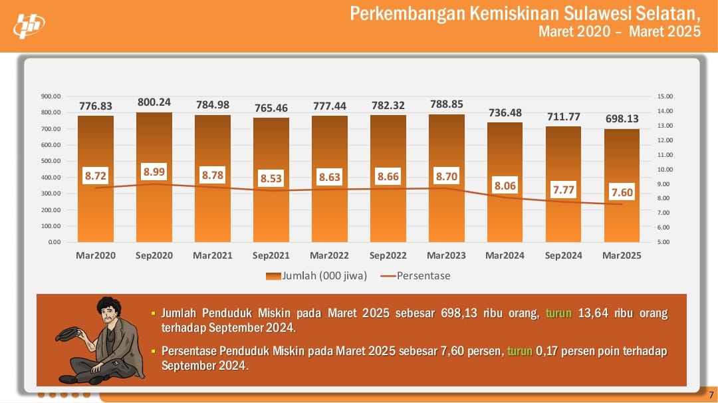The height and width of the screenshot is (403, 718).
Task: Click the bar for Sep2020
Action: pyautogui.click(x=154, y=213)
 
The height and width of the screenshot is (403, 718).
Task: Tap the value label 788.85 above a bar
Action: pyautogui.click(x=447, y=104)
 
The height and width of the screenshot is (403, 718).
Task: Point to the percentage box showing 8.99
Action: pyautogui.click(x=154, y=172)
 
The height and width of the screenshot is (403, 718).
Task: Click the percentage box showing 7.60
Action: pyautogui.click(x=622, y=193)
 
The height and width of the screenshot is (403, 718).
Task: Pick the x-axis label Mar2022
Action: pyautogui.click(x=330, y=255)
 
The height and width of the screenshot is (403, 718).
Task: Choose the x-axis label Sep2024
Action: pyautogui.click(x=564, y=255)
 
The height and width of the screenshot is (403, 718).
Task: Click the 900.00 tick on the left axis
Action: pyautogui.click(x=51, y=96)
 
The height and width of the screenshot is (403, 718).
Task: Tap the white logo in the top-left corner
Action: pyautogui.click(x=29, y=25)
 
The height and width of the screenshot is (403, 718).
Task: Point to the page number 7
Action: pyautogui.click(x=711, y=396)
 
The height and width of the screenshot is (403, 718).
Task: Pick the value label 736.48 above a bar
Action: pyautogui.click(x=505, y=112)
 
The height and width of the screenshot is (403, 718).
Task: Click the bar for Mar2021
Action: pyautogui.click(x=213, y=213)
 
